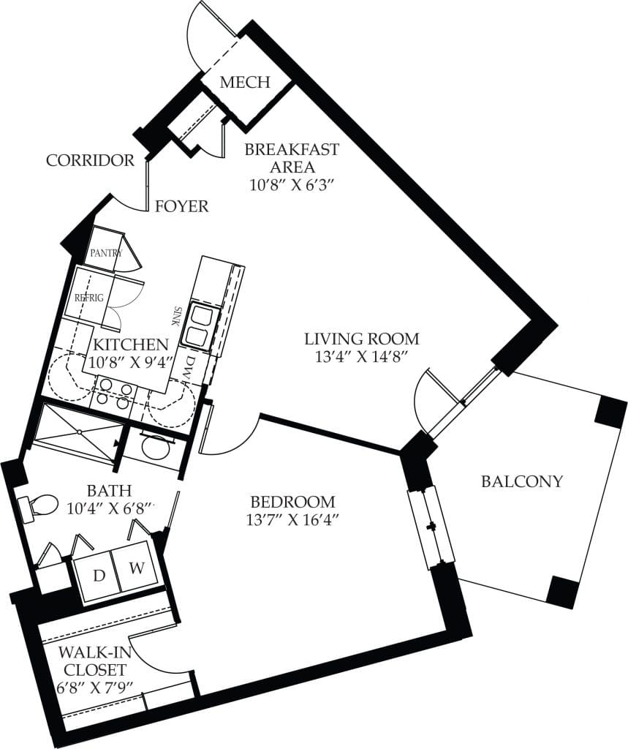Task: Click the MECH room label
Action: (245, 82)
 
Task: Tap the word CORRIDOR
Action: (90, 160)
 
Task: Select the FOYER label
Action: (181, 207)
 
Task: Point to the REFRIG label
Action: (89, 298)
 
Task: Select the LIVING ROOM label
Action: (362, 339)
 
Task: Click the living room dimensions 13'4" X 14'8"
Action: (362, 356)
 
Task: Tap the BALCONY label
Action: (522, 481)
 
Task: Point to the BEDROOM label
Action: (292, 503)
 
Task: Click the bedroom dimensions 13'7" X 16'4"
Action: (292, 520)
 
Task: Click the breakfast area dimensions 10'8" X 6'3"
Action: (292, 185)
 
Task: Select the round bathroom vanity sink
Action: (154, 448)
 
